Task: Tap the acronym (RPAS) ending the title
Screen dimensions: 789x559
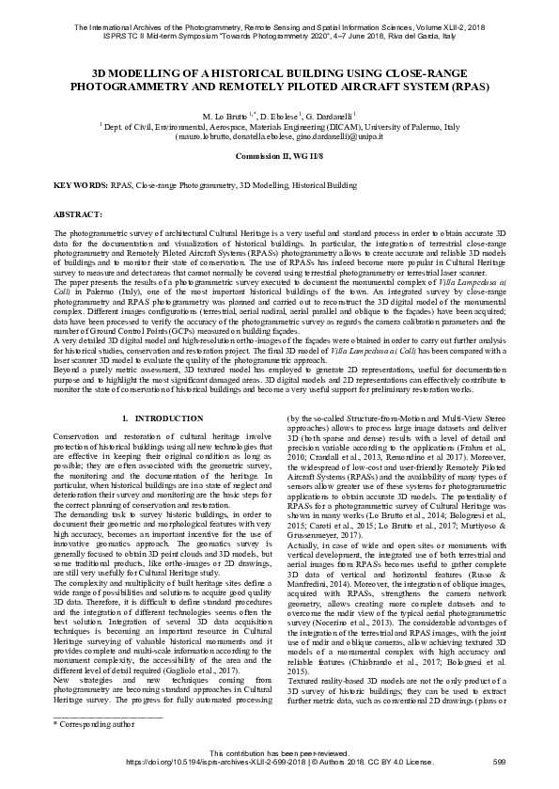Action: point(463,85)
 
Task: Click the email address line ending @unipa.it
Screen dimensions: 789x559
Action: point(279,135)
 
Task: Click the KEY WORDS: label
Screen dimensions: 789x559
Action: point(80,187)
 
